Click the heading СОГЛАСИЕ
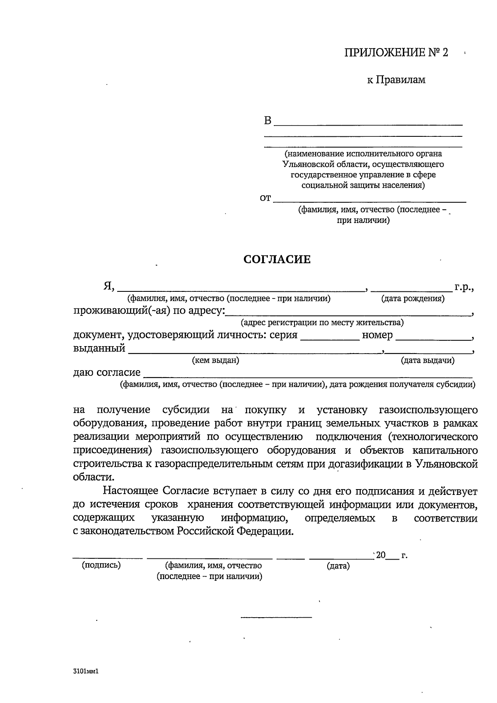pyautogui.click(x=277, y=260)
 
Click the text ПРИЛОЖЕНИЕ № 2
pyautogui.click(x=396, y=53)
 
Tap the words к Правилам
pyautogui.click(x=396, y=80)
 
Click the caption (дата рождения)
pyautogui.click(x=413, y=298)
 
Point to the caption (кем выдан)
pyautogui.click(x=215, y=361)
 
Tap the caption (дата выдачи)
pyautogui.click(x=427, y=361)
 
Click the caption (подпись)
pyautogui.click(x=101, y=565)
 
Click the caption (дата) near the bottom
pyautogui.click(x=338, y=566)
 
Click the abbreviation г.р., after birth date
pyautogui.click(x=464, y=286)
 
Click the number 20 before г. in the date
pyautogui.click(x=381, y=555)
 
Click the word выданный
pyautogui.click(x=99, y=348)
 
